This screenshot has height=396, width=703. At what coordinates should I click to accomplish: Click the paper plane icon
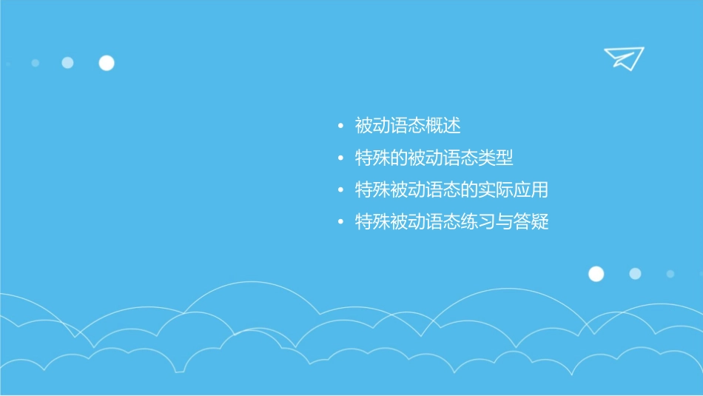[623, 58]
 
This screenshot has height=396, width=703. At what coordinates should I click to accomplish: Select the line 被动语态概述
[408, 126]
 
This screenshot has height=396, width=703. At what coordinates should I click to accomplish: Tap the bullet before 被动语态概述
[340, 127]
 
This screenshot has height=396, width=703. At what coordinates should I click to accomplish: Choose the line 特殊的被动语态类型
[434, 158]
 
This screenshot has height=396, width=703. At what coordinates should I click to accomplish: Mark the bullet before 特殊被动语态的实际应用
[340, 191]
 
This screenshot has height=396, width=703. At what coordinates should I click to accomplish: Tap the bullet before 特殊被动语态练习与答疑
[340, 223]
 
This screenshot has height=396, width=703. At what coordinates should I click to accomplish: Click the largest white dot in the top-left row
[107, 63]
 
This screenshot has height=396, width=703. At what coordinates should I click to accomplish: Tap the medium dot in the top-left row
[67, 63]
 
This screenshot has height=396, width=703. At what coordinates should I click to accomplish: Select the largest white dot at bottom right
[596, 274]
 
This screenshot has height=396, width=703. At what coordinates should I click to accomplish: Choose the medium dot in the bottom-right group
[635, 274]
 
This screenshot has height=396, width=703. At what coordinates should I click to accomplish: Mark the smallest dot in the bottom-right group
[670, 274]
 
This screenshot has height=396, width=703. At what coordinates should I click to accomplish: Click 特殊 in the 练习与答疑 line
[372, 222]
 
